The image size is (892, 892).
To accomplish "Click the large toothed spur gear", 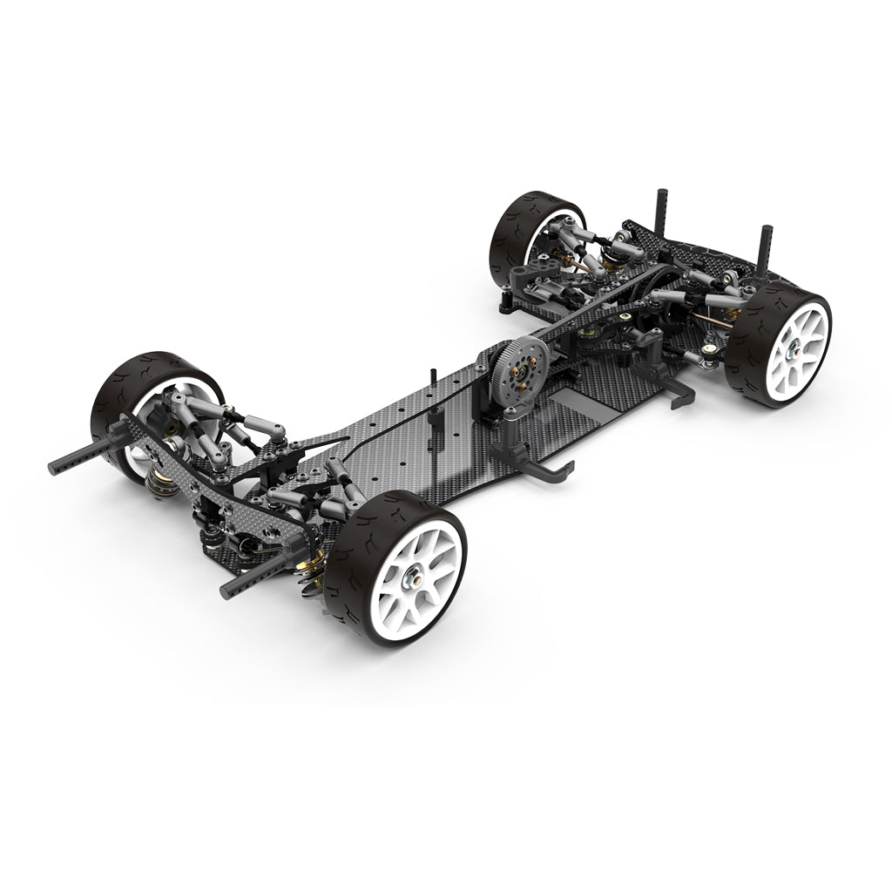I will coord(517,369).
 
